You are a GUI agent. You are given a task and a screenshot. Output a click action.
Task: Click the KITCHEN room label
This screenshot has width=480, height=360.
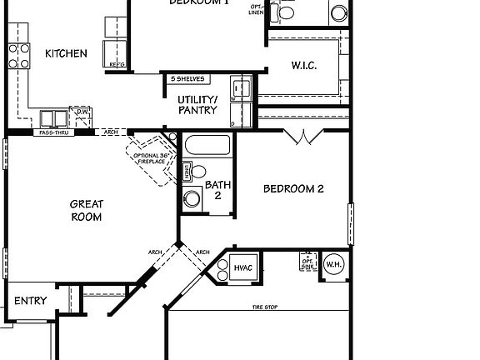66,53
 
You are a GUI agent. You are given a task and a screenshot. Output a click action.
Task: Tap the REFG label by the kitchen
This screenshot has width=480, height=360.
117,63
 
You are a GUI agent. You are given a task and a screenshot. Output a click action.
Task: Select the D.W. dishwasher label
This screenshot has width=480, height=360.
82,111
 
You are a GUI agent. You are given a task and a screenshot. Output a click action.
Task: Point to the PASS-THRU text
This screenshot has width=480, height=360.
52,132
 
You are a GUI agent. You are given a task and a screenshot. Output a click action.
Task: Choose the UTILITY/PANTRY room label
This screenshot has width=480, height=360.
197,104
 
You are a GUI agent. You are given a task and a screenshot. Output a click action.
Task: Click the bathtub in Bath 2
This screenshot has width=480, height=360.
207,146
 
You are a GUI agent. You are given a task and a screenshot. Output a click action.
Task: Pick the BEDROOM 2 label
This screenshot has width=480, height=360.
293,188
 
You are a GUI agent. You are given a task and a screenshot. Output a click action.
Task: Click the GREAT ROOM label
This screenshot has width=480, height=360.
86,211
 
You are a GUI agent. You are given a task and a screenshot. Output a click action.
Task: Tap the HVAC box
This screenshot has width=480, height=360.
242,267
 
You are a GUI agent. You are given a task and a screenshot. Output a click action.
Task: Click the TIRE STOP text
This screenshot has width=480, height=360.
265,307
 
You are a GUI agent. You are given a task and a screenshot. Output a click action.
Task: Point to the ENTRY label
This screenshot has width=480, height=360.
31,301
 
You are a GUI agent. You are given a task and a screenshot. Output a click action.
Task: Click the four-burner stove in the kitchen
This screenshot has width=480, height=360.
18,56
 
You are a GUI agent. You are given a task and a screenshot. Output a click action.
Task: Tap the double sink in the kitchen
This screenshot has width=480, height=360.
55,117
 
